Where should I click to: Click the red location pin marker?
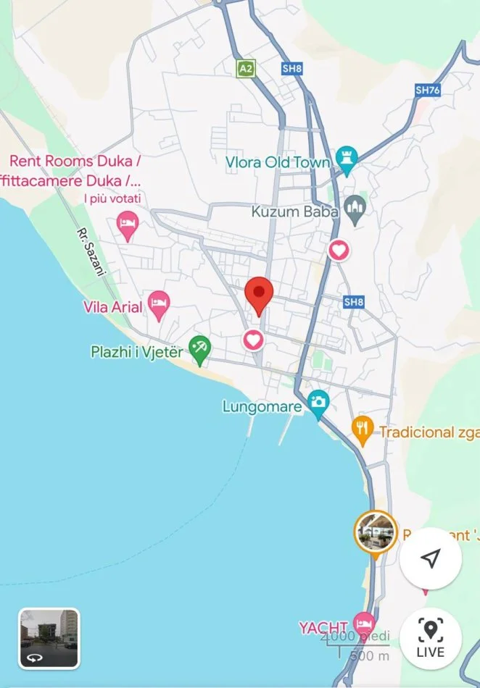(x=258, y=294)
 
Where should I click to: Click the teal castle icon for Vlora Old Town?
(x=347, y=163)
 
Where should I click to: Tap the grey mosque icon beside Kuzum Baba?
(x=355, y=209)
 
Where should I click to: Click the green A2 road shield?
(x=246, y=68)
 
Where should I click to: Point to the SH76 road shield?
(x=428, y=90)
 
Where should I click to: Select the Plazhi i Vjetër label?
(x=137, y=351)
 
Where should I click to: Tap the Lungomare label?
(x=262, y=406)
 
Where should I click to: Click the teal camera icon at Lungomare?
(x=318, y=403)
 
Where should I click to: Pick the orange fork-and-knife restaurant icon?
(x=362, y=429)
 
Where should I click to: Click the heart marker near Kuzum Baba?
(x=338, y=251)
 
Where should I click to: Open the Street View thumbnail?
(x=49, y=638)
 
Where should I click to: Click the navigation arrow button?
(x=431, y=558)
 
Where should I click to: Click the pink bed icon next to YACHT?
(x=363, y=624)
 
